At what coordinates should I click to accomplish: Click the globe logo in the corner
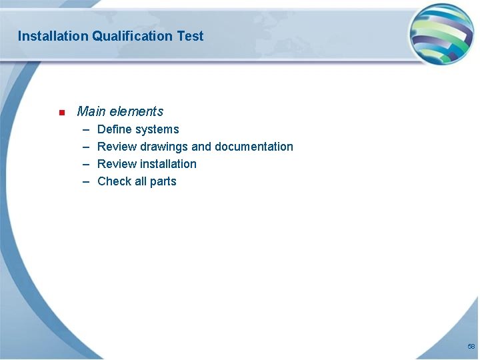click(441, 33)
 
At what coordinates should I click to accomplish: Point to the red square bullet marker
click(61, 112)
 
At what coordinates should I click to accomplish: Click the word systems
click(157, 129)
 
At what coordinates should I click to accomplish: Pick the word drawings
click(164, 147)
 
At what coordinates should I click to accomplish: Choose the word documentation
click(254, 147)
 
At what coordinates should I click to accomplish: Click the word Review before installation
click(117, 164)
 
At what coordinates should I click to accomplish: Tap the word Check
click(114, 181)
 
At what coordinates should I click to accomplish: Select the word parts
click(163, 181)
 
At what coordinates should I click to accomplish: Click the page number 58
click(471, 347)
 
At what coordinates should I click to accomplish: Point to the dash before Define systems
click(86, 130)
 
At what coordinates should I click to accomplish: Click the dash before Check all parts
click(86, 182)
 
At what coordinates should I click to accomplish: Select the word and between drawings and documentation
click(201, 147)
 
